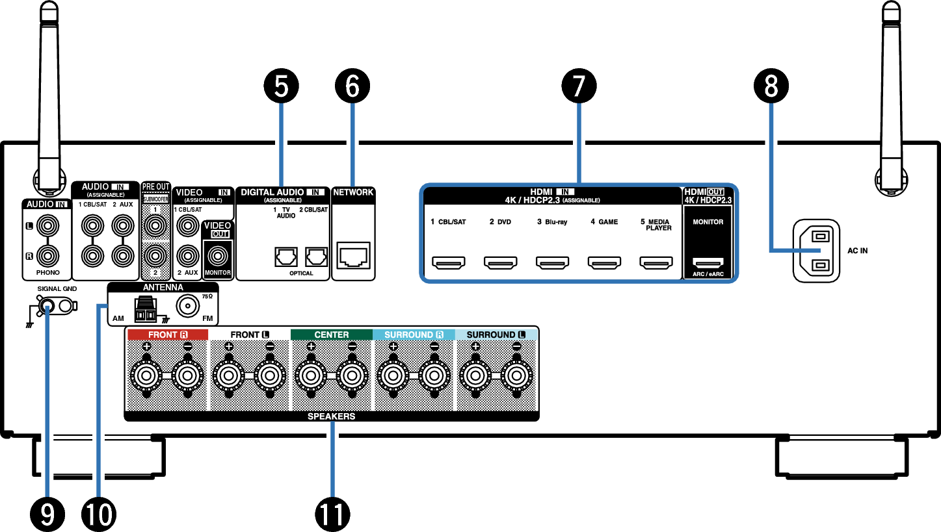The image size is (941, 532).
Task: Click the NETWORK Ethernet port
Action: [353, 255]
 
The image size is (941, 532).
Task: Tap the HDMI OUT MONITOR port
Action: [708, 263]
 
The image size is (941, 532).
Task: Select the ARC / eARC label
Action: [708, 274]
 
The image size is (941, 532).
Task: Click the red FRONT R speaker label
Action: [168, 335]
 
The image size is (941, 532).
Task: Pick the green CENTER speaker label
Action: [332, 335]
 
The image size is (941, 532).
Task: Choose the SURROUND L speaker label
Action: [496, 335]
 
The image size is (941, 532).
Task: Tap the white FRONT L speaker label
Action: [250, 335]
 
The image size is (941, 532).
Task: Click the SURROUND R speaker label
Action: [414, 335]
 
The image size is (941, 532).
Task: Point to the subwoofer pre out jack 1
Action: [155, 226]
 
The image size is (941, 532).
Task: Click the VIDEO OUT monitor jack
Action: [217, 255]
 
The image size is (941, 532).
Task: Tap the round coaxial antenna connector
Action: [188, 306]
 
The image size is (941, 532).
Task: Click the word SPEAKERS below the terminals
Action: [332, 416]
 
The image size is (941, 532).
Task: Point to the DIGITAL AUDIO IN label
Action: [282, 192]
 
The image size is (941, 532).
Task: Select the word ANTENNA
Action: [163, 287]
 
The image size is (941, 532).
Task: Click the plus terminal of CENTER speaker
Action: [311, 375]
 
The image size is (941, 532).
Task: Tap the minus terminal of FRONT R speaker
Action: [188, 375]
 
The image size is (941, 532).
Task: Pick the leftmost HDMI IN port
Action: [449, 263]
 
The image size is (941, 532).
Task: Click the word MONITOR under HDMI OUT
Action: [708, 222]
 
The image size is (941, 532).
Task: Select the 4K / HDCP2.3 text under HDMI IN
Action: [533, 200]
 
